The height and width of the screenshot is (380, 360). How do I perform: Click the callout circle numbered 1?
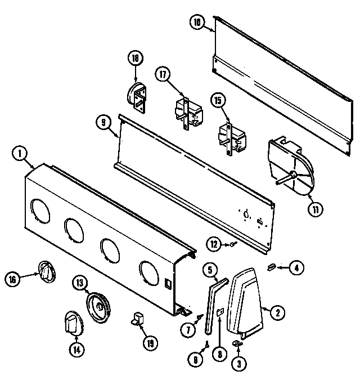pos(20,153)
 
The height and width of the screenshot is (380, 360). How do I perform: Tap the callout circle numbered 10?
pos(196,23)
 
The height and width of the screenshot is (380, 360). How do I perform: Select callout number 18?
pos(134,58)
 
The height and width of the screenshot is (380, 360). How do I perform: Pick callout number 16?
pos(13,278)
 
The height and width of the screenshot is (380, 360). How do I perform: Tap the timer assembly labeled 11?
pos(290,167)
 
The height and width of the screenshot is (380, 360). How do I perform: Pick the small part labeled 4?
pos(271,266)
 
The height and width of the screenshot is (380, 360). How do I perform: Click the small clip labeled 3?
pos(237,343)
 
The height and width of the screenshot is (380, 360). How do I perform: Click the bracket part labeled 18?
pos(137,96)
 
